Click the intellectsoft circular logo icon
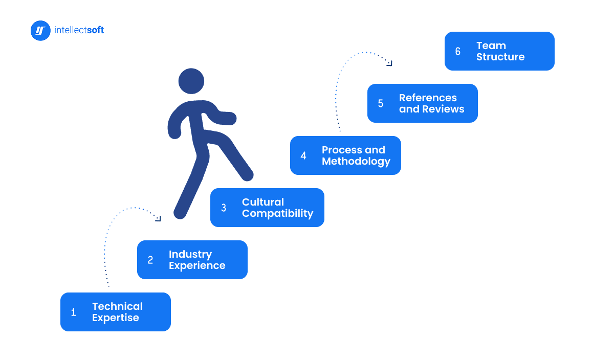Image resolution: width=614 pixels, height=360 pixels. [x=40, y=31]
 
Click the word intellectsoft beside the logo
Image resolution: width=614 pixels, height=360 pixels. [x=79, y=31]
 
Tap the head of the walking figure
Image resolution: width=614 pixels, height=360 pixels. [x=191, y=81]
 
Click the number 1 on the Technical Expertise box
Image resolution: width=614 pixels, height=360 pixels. [x=73, y=312]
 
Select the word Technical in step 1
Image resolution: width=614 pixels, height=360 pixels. [x=117, y=306]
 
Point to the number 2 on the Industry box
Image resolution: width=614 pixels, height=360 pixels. [x=150, y=260]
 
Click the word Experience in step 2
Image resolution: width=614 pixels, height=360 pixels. [x=197, y=266]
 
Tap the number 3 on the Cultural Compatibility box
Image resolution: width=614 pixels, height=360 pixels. [x=224, y=208]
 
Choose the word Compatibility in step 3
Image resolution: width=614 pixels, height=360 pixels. [x=277, y=214]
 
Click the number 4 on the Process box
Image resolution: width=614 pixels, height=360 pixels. [x=303, y=156]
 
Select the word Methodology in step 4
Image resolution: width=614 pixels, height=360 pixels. [x=356, y=162]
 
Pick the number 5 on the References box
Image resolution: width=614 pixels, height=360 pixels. [x=381, y=104]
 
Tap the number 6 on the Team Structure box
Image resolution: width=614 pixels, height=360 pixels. [x=458, y=52]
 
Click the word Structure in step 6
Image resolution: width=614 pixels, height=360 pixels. [x=500, y=57]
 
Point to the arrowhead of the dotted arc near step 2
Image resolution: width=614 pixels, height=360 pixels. [x=158, y=218]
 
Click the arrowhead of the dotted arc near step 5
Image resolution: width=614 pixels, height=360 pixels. [x=389, y=63]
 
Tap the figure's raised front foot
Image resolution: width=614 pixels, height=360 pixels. [x=247, y=174]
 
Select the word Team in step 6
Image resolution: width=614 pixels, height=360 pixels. [x=491, y=46]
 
